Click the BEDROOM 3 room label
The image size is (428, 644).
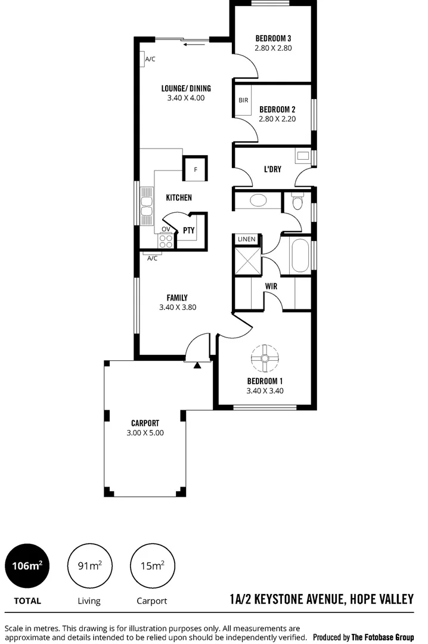pyautogui.click(x=273, y=38)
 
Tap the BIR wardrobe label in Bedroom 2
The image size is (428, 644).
pyautogui.click(x=243, y=100)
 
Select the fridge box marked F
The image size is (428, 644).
pyautogui.click(x=196, y=169)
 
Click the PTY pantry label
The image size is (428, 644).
pyautogui.click(x=188, y=230)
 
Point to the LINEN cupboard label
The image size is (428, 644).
pyautogui.click(x=246, y=239)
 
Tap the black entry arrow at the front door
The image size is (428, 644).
pyautogui.click(x=197, y=364)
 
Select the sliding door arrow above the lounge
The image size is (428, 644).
pyautogui.click(x=192, y=44)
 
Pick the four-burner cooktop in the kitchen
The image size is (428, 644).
pyautogui.click(x=166, y=241)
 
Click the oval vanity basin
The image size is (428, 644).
pyautogui.click(x=258, y=200)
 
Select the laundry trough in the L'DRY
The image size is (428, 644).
pyautogui.click(x=303, y=157)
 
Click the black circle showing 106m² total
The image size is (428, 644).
pyautogui.click(x=27, y=565)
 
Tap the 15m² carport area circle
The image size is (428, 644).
pyautogui.click(x=152, y=565)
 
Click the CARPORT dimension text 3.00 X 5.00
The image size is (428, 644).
pyautogui.click(x=145, y=433)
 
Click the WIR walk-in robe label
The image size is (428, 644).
pyautogui.click(x=271, y=286)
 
